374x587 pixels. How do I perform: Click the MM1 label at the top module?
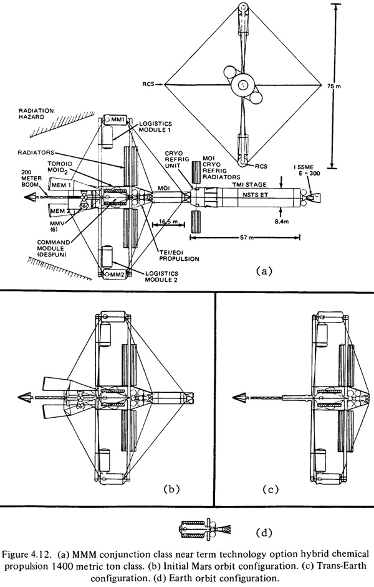117,120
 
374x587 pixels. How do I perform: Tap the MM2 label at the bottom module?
117,275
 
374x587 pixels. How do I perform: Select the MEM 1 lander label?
61,185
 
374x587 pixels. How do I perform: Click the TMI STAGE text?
249,184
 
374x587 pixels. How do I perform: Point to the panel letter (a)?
262,271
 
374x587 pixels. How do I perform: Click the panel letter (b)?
171,488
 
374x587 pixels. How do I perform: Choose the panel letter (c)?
271,489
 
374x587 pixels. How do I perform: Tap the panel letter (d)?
264,532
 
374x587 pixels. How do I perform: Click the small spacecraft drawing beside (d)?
206,529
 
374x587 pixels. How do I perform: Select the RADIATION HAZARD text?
36,114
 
